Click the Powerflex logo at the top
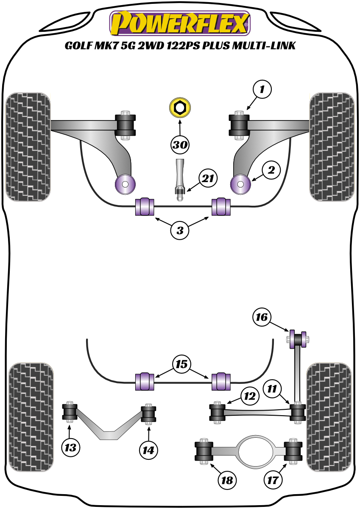click(180, 24)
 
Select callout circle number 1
click(262, 90)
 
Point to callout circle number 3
click(180, 231)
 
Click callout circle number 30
click(180, 145)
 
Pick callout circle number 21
click(208, 179)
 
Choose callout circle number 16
click(262, 316)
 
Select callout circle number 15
click(181, 365)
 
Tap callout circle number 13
click(70, 446)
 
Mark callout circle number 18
click(226, 481)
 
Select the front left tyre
click(29, 146)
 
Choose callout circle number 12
click(250, 397)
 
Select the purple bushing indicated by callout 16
click(293, 339)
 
